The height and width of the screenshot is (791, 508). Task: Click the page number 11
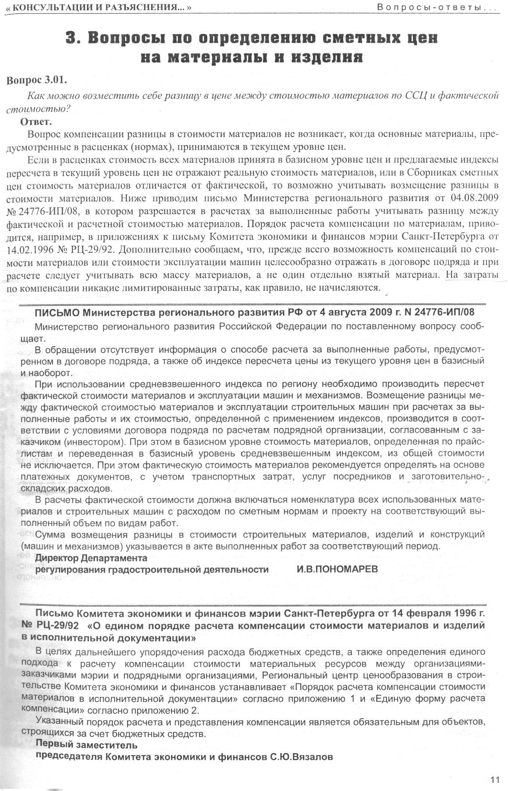click(x=495, y=780)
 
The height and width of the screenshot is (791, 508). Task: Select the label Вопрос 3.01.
click(x=37, y=80)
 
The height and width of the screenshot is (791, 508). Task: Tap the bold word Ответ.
click(x=36, y=121)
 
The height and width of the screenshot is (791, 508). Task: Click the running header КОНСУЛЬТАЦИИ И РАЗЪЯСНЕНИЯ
click(x=100, y=7)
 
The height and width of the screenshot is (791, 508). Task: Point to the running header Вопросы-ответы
click(x=435, y=7)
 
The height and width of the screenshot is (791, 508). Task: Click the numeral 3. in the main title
click(x=73, y=38)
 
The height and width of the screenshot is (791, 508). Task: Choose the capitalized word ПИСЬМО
click(x=57, y=313)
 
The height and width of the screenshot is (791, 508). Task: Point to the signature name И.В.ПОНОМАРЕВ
click(x=337, y=569)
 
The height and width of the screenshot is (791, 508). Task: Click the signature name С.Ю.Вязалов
click(x=301, y=757)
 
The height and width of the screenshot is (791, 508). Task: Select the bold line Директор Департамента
click(x=91, y=558)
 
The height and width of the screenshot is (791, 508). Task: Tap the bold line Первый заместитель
click(x=86, y=745)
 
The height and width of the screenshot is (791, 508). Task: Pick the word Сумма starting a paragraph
click(x=50, y=535)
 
